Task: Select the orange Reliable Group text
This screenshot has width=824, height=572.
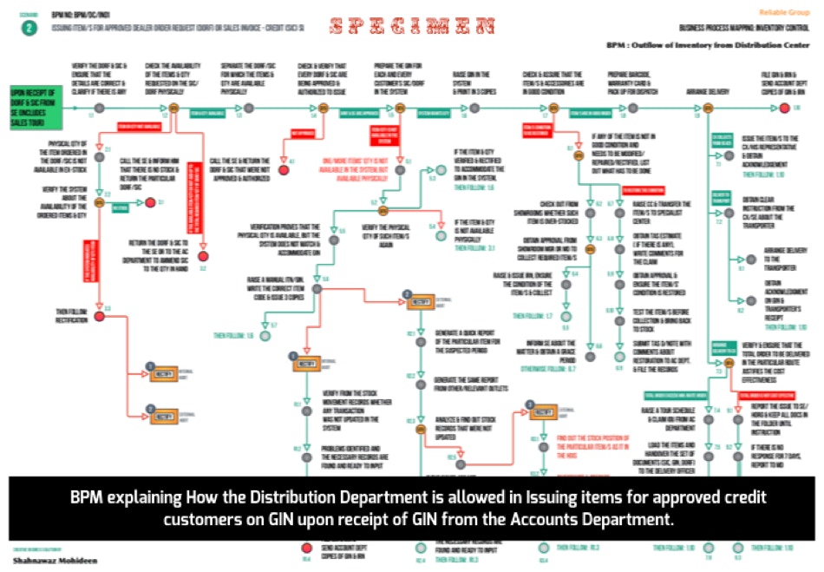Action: pyautogui.click(x=784, y=12)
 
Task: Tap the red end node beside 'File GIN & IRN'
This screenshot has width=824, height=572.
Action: pyautogui.click(x=783, y=108)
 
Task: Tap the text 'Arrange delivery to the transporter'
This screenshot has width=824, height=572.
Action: pyautogui.click(x=784, y=257)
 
